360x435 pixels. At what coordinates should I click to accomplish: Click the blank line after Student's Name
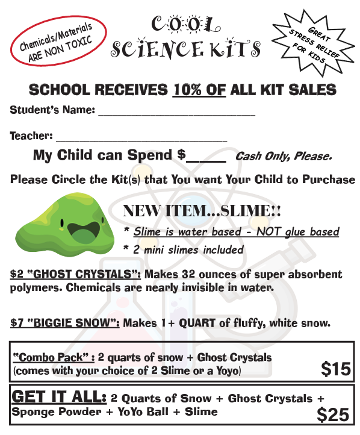tap(176, 112)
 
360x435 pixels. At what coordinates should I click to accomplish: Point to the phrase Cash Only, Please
tap(283, 157)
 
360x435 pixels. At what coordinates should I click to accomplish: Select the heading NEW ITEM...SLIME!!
tap(202, 211)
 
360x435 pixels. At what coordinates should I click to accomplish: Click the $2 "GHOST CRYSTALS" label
tap(76, 274)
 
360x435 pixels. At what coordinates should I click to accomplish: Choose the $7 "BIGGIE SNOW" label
tap(65, 323)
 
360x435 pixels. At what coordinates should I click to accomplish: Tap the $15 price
tap(335, 369)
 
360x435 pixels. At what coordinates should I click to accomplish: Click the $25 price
tap(333, 415)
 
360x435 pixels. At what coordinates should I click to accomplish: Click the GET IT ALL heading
tap(59, 397)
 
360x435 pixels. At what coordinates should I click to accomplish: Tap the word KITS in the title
tap(235, 48)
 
